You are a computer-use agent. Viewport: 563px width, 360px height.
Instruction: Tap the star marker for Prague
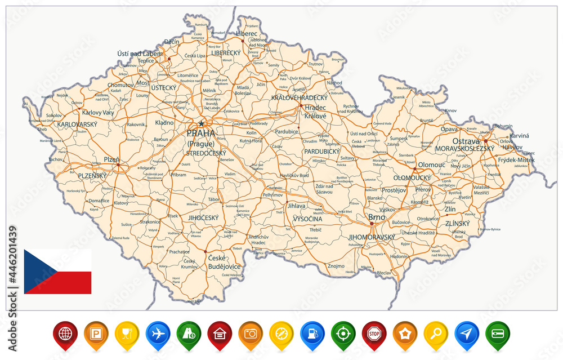200,124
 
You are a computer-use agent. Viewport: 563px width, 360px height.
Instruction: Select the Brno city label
377,217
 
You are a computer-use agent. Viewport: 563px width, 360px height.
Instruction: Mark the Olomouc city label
431,165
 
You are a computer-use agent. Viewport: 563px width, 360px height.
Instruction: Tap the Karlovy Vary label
94,113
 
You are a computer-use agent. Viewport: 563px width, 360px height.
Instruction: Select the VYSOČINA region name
307,218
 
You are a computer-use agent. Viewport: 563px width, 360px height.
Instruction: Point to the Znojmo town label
336,265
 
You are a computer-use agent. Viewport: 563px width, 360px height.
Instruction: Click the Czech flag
57,272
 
